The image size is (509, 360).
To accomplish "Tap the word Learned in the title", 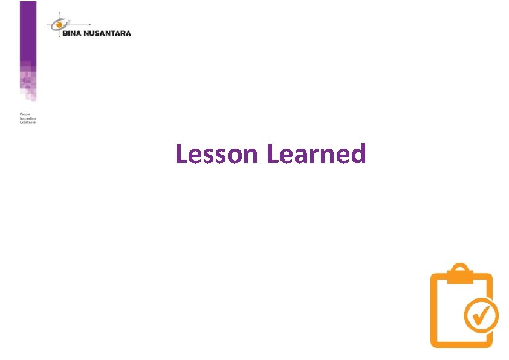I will pos(316,154).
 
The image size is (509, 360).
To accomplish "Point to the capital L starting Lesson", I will pos(181,154).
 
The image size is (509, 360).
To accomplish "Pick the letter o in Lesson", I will pos(234,156).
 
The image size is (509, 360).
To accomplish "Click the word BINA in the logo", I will pos(72,33).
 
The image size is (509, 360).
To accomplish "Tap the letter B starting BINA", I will pos(64,33).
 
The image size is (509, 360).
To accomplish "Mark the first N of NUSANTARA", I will pos(87,33).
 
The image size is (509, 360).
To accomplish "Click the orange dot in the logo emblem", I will pos(59,25).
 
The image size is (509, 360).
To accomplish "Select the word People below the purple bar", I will pos(25,114).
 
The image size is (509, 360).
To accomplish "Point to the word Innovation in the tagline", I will pos(28,118).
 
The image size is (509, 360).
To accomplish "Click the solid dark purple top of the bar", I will pos(28,24).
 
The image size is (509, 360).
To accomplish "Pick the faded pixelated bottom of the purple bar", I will pos(28,88).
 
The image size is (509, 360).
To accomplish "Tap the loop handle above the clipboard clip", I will pos(461,267).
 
